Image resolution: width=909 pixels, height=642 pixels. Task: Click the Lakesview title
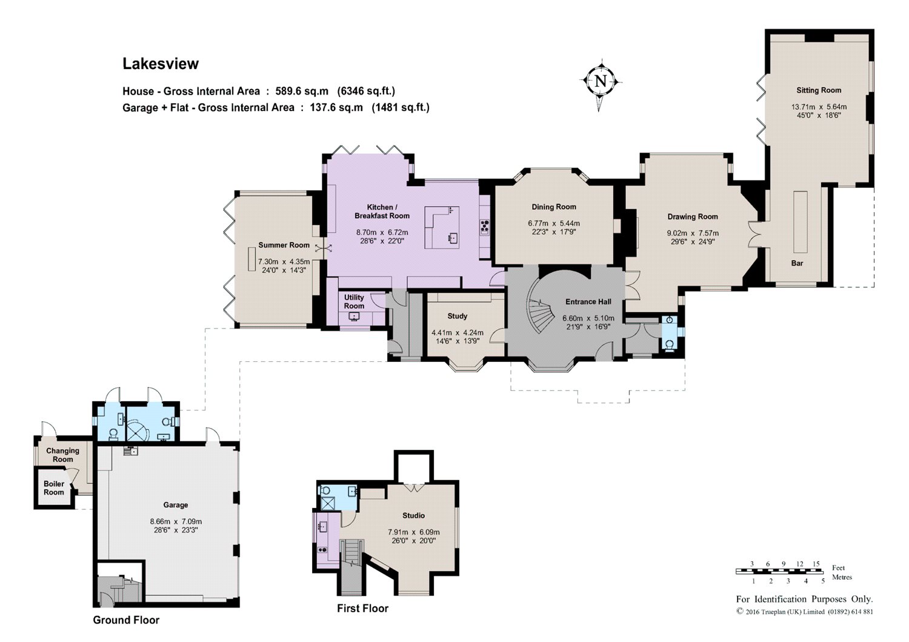[x=161, y=64]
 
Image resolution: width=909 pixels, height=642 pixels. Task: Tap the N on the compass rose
[x=601, y=81]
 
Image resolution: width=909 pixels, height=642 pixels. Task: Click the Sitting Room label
[x=819, y=90]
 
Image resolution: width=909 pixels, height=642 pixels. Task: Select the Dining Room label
[x=554, y=207]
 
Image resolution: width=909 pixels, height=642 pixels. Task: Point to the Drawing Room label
[x=693, y=217]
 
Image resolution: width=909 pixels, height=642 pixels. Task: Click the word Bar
[x=797, y=263]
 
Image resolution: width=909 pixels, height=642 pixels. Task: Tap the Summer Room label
[x=284, y=245]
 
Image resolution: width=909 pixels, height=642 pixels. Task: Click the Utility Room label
[x=354, y=302]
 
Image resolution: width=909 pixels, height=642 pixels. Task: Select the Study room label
[x=458, y=316]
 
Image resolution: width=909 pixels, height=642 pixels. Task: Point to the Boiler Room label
[x=53, y=488]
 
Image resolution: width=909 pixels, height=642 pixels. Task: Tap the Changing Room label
[x=62, y=455]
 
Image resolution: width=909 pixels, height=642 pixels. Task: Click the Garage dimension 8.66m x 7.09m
[x=176, y=521]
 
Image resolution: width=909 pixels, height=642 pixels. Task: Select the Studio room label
[x=413, y=515]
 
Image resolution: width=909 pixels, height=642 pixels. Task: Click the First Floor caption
[x=363, y=608]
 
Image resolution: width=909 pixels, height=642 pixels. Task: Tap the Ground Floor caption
[x=126, y=620]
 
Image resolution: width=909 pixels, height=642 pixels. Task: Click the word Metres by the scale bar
[x=842, y=577]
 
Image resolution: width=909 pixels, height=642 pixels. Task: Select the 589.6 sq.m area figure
[x=302, y=91]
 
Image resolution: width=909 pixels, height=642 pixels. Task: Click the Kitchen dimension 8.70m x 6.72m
[x=382, y=233]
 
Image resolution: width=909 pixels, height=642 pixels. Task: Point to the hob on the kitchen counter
[x=485, y=227]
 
